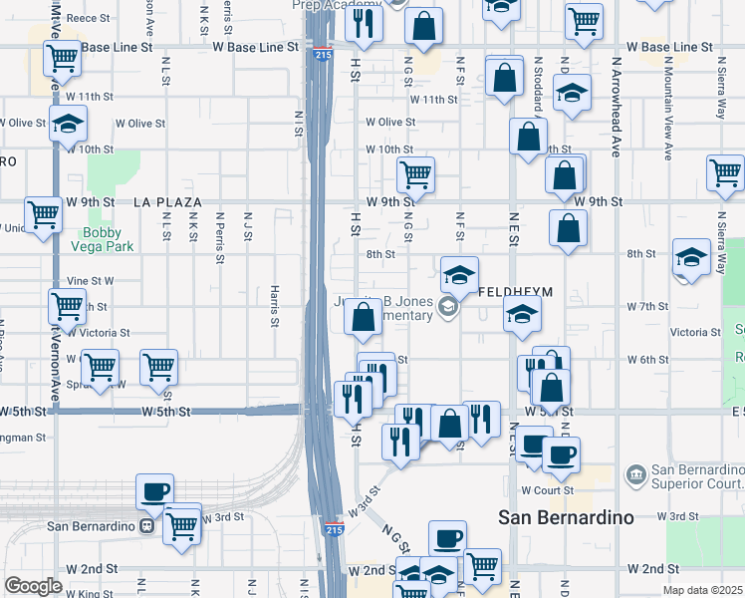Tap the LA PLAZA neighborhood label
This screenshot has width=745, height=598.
[x=168, y=202]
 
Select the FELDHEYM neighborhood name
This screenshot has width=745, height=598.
[x=515, y=293]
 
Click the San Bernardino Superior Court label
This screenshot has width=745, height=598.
[x=696, y=478]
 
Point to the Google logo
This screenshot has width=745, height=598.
[x=32, y=586]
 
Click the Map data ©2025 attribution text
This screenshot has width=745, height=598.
[x=703, y=590]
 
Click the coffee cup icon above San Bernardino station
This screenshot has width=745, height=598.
[x=154, y=490]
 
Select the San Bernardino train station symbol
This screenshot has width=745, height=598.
[x=146, y=525]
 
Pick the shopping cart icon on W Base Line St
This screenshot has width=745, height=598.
[x=63, y=58]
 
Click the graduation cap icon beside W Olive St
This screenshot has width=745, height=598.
[x=69, y=125]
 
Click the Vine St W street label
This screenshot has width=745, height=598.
[x=90, y=282]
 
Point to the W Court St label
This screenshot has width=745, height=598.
[x=548, y=490]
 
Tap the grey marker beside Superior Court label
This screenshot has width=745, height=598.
[x=633, y=471]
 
